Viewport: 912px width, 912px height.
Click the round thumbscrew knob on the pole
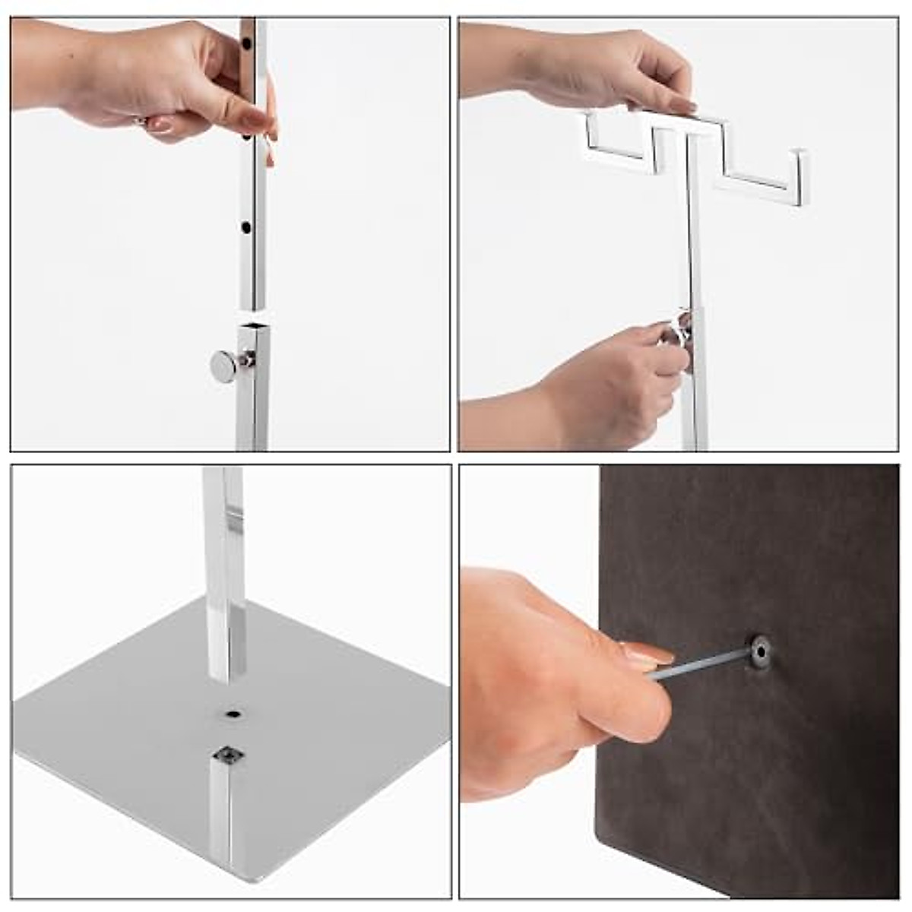coord(223,367)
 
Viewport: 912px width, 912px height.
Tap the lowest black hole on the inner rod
coord(245,227)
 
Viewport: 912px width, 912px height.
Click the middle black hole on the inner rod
coord(246,138)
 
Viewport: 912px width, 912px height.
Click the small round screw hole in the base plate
coord(233,714)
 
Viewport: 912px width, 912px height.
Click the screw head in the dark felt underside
coord(758,651)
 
